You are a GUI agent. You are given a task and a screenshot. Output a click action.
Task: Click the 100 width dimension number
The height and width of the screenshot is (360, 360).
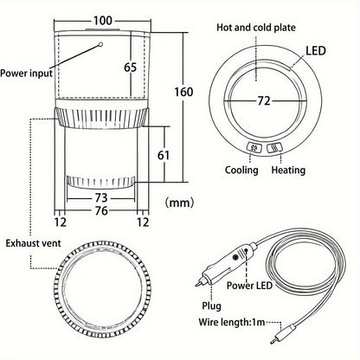(103, 21)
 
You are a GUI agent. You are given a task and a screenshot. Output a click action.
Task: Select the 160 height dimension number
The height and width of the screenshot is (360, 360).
(183, 92)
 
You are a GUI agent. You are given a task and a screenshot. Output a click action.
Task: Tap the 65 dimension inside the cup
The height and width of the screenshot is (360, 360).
(130, 67)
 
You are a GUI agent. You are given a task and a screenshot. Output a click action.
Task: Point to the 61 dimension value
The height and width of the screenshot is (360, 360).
(164, 155)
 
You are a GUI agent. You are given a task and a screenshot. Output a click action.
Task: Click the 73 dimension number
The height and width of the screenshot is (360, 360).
(101, 198)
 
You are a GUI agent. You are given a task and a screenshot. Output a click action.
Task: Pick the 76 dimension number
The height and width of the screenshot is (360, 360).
(101, 210)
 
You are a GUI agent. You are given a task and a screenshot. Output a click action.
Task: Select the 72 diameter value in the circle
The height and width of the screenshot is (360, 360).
(264, 101)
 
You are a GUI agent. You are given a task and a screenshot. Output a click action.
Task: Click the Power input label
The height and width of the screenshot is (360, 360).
(26, 73)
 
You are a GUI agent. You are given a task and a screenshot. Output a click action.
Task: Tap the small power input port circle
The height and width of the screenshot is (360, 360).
(100, 44)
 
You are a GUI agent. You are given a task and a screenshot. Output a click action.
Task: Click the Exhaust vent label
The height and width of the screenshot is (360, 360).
(34, 243)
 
